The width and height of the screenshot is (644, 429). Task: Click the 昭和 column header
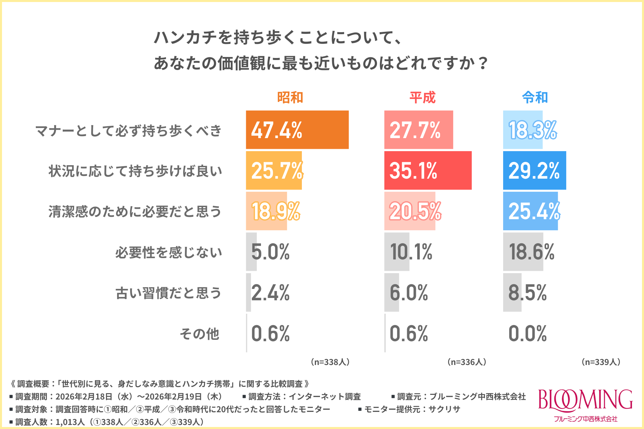(x=290, y=98)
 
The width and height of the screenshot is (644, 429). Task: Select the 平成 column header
(x=422, y=98)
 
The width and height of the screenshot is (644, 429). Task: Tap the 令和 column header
(x=535, y=98)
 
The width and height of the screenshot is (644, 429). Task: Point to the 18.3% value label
(x=533, y=130)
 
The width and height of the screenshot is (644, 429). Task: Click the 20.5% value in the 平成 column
(x=415, y=211)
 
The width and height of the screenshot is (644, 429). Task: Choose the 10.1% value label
(x=411, y=252)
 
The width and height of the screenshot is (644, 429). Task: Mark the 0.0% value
(x=528, y=333)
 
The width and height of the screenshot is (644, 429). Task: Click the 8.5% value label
(x=528, y=293)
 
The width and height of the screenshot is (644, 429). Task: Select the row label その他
(x=200, y=334)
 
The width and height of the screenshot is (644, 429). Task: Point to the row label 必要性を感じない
(x=169, y=252)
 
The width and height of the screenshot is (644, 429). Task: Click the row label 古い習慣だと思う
(x=169, y=293)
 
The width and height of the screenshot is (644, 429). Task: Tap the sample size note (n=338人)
(x=330, y=362)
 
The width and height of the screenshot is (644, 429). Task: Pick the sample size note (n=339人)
(x=601, y=362)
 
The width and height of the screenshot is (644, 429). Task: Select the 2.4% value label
(x=270, y=293)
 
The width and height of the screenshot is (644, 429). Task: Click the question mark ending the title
(x=483, y=63)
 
